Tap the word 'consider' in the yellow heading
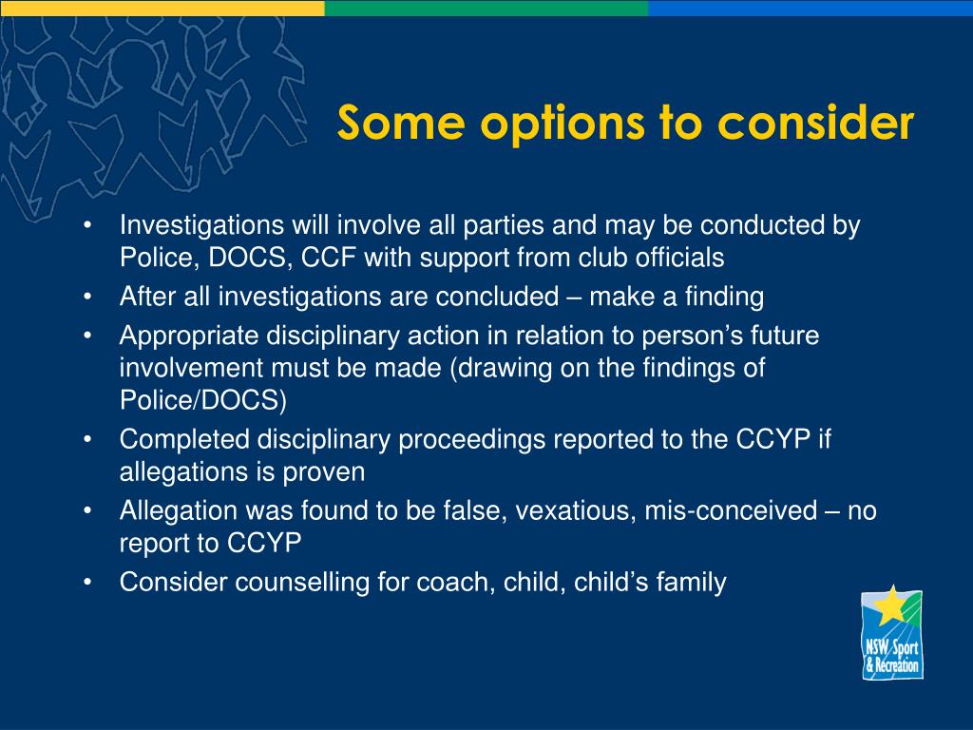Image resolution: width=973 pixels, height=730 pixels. tap(815, 122)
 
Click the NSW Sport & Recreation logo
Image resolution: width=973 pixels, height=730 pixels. tap(891, 632)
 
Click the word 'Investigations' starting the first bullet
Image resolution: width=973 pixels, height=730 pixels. tap(201, 225)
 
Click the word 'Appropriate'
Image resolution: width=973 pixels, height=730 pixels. tap(189, 336)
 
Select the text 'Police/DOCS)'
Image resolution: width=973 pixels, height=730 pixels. tap(203, 400)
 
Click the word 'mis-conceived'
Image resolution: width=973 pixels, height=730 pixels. tap(731, 510)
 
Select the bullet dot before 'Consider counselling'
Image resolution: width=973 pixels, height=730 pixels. tap(88, 583)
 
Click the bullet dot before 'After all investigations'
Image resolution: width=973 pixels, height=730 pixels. tap(88, 298)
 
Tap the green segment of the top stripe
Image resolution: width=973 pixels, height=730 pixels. tap(486, 8)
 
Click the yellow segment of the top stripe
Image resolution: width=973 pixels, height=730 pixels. tap(162, 8)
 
